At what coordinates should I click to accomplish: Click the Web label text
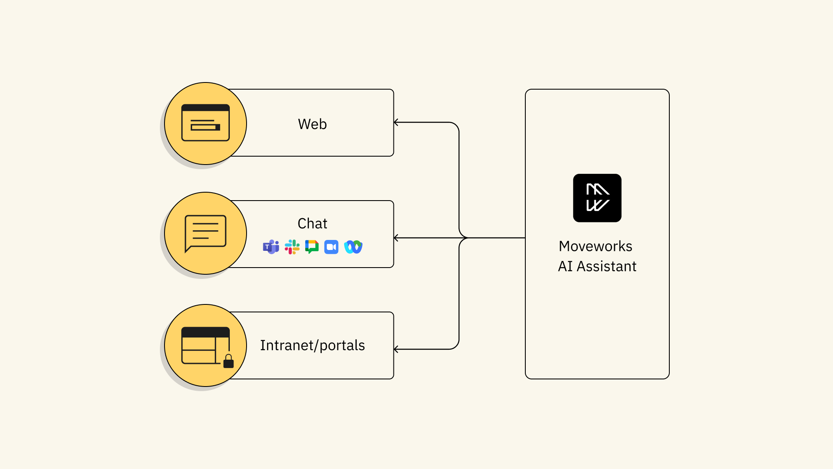tap(312, 124)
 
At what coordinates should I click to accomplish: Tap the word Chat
tap(312, 224)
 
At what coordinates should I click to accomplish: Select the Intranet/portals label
tap(312, 345)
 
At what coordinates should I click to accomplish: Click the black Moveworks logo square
tap(597, 198)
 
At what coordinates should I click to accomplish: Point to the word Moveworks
tap(595, 246)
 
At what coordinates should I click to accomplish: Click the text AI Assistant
tap(597, 266)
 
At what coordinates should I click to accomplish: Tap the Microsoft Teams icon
tap(271, 247)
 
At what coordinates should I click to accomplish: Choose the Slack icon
tap(292, 247)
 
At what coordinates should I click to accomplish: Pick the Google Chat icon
tap(312, 247)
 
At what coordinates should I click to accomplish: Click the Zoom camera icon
tap(331, 247)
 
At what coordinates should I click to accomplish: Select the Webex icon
tap(353, 247)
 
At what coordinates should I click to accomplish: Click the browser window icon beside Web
tap(205, 123)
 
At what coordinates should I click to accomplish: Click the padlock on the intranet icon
tap(229, 361)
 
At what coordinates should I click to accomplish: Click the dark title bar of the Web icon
tap(205, 108)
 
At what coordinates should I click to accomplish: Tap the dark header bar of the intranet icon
tap(205, 332)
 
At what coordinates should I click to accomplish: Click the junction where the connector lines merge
tap(465, 238)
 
